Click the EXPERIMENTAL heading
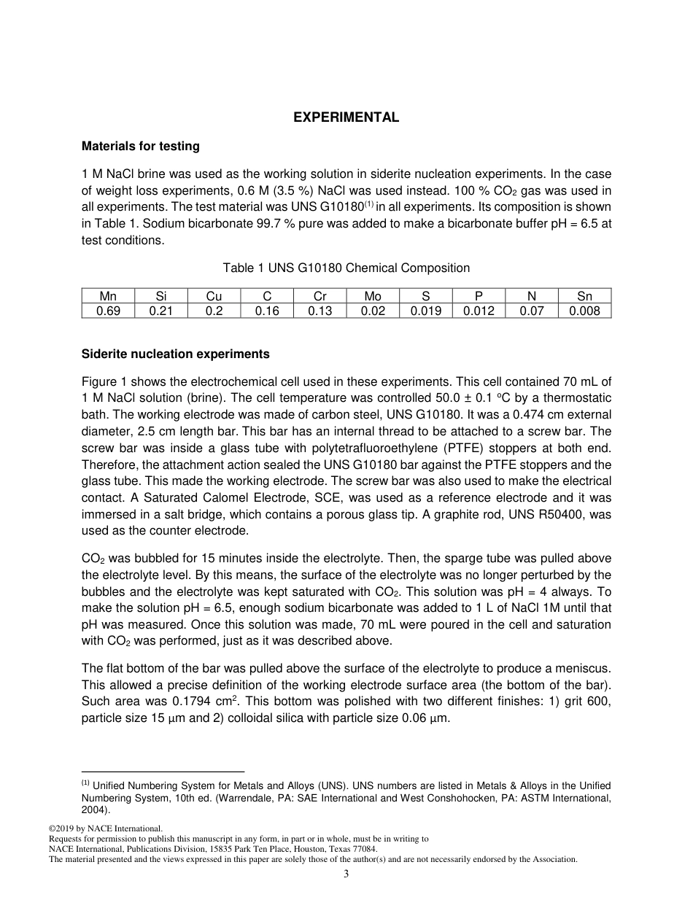(x=346, y=117)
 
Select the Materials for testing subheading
(x=140, y=146)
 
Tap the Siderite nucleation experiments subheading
(x=175, y=354)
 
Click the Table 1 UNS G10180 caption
(x=346, y=268)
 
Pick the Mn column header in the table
(x=108, y=296)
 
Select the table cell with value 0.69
(x=108, y=311)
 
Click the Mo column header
(x=373, y=296)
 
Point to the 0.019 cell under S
(x=425, y=311)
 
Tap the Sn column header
(x=584, y=296)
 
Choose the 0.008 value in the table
(x=584, y=311)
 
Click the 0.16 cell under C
(x=267, y=311)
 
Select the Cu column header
(x=214, y=296)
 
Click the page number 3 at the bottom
(x=346, y=874)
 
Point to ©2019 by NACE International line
(x=105, y=828)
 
